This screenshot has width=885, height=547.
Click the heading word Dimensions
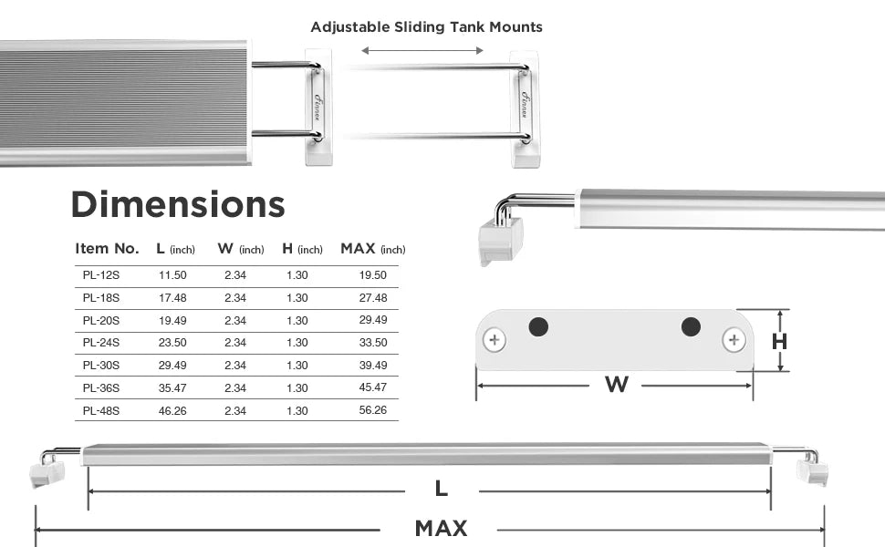point(178,204)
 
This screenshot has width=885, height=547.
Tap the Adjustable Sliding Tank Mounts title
point(427,27)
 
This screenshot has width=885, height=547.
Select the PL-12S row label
point(101,275)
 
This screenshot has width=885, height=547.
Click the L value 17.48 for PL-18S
point(172,298)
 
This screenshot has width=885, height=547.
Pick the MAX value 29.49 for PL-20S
point(373,320)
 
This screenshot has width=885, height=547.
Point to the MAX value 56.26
point(373,410)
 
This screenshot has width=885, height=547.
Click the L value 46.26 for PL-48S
point(172,410)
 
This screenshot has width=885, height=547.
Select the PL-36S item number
point(101,388)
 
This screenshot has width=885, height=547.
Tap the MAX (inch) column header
point(373,249)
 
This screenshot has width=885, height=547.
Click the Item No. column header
point(108,249)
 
